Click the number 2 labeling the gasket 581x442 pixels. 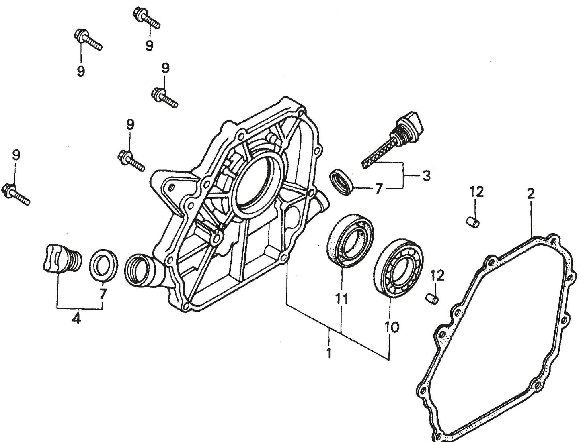(x=531, y=194)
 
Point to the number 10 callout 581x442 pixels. (x=392, y=327)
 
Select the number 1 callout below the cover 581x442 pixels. (x=329, y=354)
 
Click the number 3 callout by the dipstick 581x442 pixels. (x=426, y=175)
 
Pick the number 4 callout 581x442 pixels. (x=76, y=319)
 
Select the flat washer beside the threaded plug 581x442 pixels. (x=104, y=265)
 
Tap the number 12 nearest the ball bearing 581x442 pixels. (x=437, y=276)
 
